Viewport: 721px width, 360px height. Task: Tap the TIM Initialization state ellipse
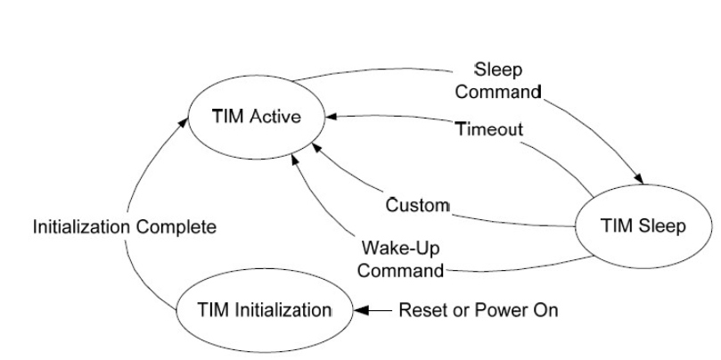coord(265,310)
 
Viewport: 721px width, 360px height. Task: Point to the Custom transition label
coord(417,206)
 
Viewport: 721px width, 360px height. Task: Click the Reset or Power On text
coord(478,311)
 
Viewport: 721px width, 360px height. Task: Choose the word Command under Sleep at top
coord(505,92)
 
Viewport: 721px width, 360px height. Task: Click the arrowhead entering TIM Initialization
coord(362,311)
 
